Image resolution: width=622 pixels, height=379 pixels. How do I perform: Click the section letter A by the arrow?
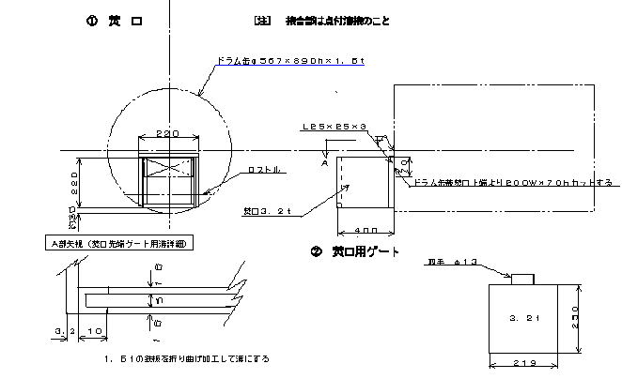[324, 160]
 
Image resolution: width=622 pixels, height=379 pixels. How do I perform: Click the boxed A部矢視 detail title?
[112, 243]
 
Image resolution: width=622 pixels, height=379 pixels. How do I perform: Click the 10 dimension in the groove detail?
[94, 331]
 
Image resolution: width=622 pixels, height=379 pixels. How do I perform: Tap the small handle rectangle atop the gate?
[521, 276]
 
